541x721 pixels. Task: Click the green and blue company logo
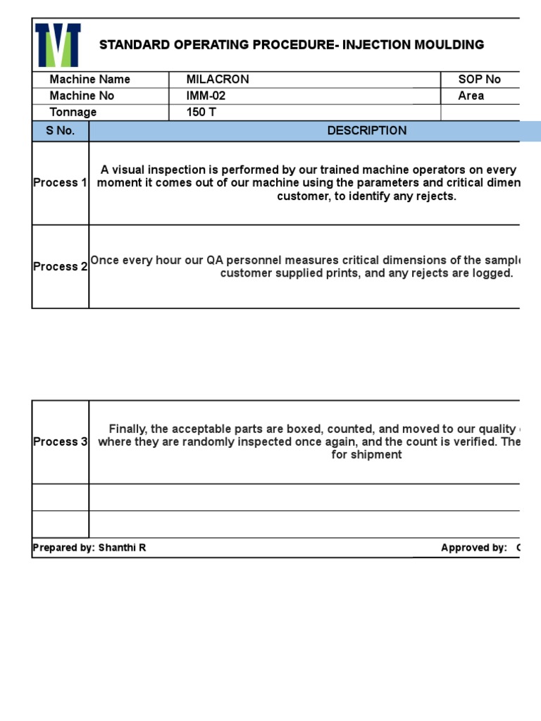(x=58, y=45)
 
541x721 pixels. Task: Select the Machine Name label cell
(x=89, y=80)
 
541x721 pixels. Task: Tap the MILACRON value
(x=218, y=80)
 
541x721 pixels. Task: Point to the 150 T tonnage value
(x=201, y=113)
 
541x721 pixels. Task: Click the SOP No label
(x=479, y=80)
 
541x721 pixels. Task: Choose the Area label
(x=471, y=96)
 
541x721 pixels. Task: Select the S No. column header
(x=60, y=131)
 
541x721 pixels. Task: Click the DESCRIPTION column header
(x=366, y=131)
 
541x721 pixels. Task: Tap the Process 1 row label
(x=60, y=183)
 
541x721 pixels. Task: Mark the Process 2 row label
(x=60, y=267)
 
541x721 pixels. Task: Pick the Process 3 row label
(x=60, y=442)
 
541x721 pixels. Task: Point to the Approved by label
(x=473, y=548)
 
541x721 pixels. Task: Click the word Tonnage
(x=73, y=113)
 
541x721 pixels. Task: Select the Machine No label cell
(x=82, y=96)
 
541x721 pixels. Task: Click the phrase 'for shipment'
(x=366, y=455)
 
